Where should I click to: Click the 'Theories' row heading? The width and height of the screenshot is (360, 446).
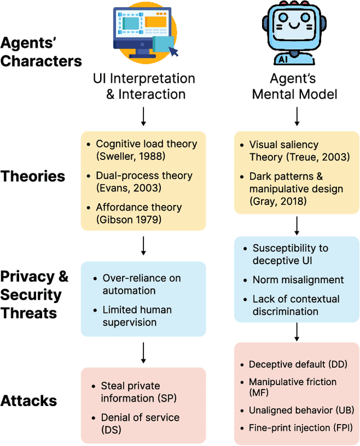click(x=33, y=176)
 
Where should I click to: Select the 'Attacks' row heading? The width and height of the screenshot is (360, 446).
click(x=29, y=401)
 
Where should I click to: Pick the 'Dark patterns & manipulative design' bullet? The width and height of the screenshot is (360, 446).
click(x=296, y=189)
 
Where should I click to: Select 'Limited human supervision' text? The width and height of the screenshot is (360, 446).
click(x=137, y=316)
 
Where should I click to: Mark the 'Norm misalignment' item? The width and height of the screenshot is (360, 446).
click(x=298, y=279)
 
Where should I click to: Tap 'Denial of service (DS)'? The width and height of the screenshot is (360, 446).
click(x=140, y=423)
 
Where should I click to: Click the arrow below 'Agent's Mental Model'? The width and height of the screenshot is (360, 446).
click(x=296, y=115)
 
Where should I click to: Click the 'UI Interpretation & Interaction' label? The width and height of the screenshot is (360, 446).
click(x=143, y=86)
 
